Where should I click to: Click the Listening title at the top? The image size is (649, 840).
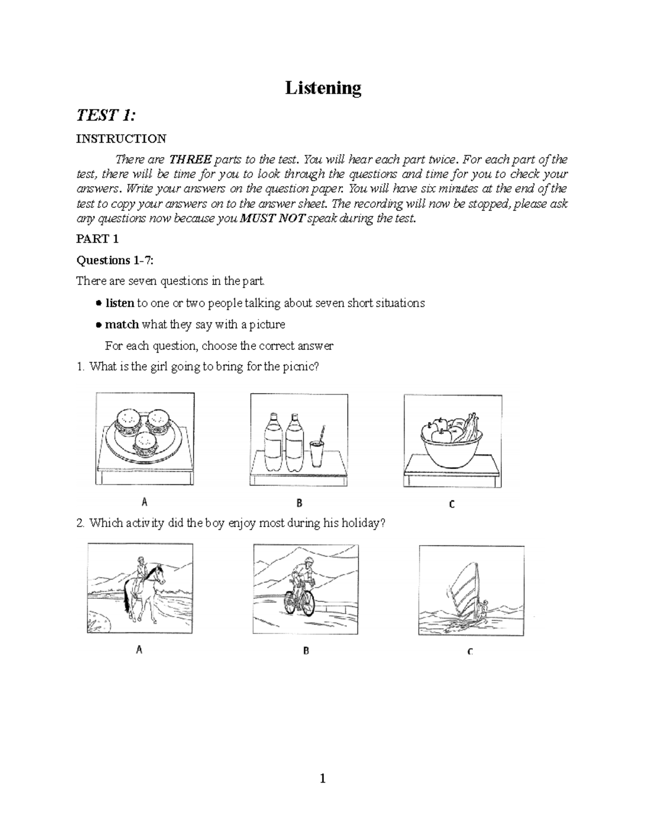(x=323, y=88)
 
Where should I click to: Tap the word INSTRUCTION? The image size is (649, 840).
(x=121, y=139)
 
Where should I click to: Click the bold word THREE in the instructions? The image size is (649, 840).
(x=190, y=160)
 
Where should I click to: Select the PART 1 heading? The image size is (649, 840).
(x=97, y=239)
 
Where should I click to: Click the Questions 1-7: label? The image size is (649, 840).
(x=115, y=261)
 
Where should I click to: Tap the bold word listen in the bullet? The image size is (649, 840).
(x=119, y=303)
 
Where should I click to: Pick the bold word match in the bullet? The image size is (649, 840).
(x=122, y=325)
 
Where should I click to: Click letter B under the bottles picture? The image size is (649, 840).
(x=299, y=503)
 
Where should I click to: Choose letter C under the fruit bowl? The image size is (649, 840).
(x=452, y=504)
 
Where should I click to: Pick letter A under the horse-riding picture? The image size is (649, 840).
(x=139, y=651)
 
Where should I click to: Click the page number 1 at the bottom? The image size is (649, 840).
(x=323, y=779)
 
